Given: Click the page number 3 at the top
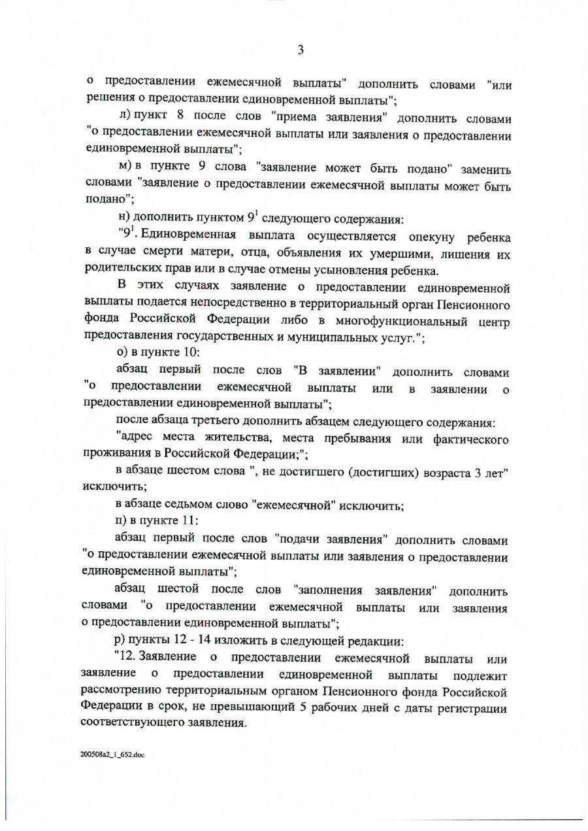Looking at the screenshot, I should [301, 50].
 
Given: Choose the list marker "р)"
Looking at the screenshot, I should [120, 639].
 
